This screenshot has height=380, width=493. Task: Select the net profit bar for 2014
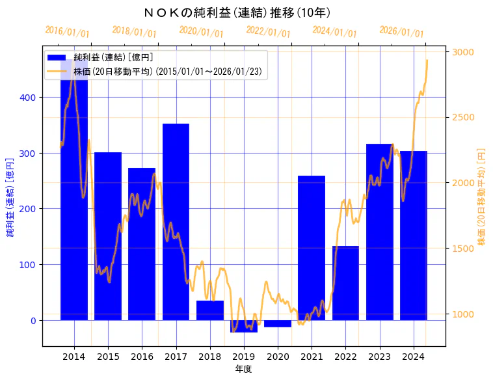click(x=74, y=195)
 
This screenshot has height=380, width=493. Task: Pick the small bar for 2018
click(x=209, y=310)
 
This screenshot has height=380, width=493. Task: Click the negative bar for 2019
click(x=244, y=326)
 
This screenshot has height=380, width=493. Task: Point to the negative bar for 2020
click(x=278, y=323)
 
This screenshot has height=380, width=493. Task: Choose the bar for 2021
click(x=312, y=247)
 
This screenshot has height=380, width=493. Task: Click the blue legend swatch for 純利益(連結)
click(x=57, y=57)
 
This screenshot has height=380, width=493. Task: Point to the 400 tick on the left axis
click(x=31, y=98)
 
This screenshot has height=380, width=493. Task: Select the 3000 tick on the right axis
click(x=464, y=52)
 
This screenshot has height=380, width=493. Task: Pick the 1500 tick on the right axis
click(x=464, y=249)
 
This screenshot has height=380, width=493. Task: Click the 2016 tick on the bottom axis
click(x=142, y=357)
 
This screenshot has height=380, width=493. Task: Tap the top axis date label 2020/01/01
click(x=201, y=31)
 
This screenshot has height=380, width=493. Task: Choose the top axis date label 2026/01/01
click(x=401, y=31)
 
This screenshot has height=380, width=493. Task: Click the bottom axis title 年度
click(x=243, y=369)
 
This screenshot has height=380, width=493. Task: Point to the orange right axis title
click(x=482, y=196)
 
